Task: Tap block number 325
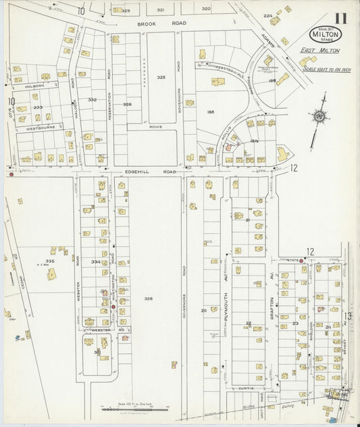161,78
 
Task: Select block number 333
38,107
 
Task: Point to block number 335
49,261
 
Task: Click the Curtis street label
247,388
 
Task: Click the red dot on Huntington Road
113,307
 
